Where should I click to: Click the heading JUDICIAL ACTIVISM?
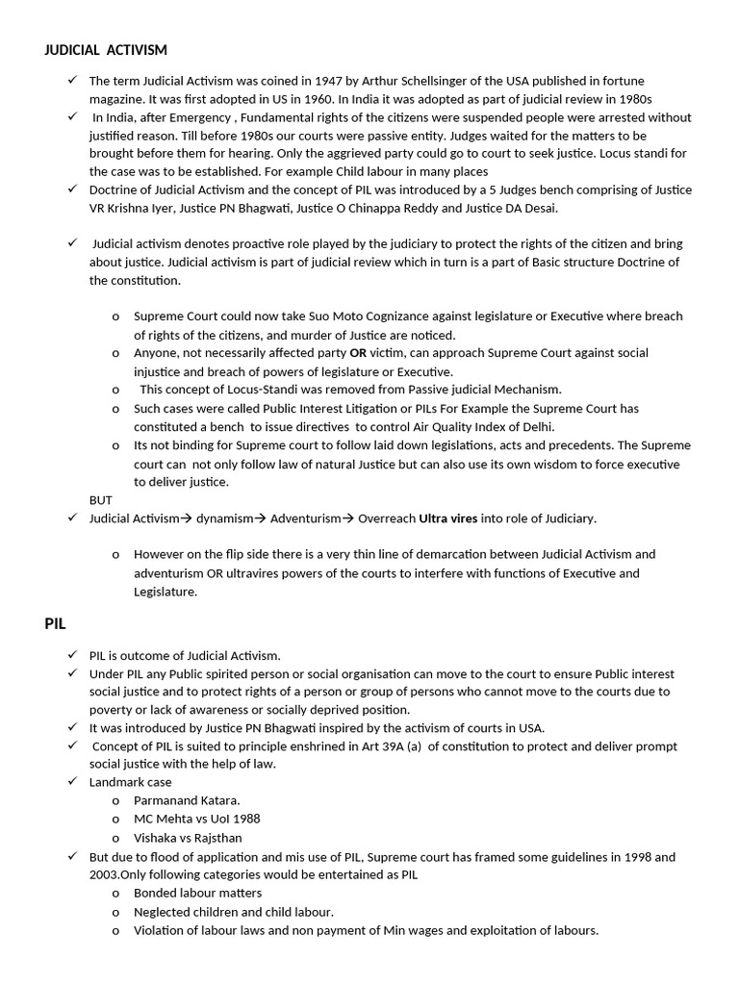106,50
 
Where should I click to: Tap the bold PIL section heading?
55,624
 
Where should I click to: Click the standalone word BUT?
101,500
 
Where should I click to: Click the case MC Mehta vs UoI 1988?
196,819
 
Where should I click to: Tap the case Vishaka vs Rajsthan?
188,838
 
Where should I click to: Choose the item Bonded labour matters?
197,893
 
